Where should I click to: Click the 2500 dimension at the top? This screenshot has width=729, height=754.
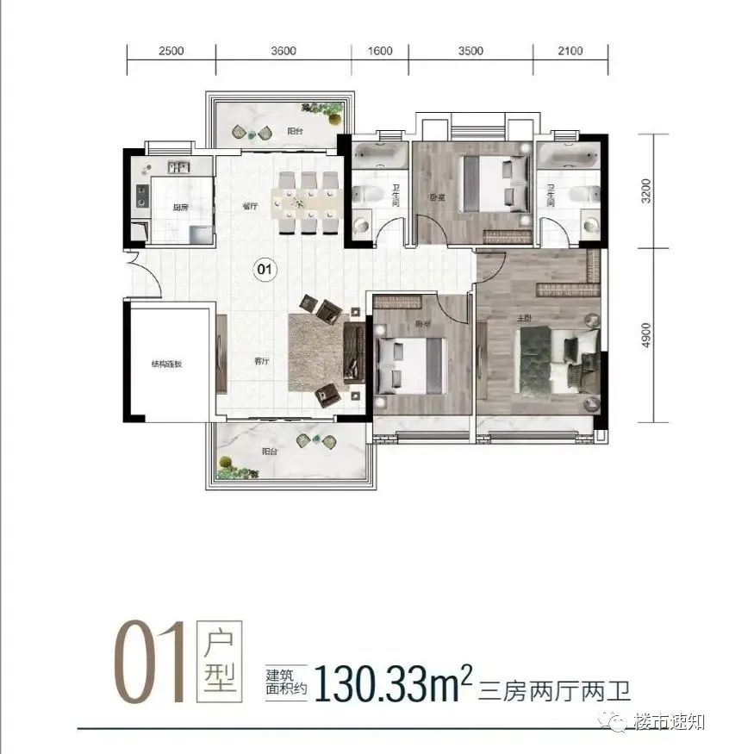point(171,51)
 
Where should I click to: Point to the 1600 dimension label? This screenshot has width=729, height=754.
point(380,51)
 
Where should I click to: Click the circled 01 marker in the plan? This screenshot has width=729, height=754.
point(265,270)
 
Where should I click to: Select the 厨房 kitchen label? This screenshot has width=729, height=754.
point(180,207)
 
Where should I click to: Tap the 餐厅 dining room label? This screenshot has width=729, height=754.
point(251,207)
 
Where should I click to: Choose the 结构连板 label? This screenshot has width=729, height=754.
point(167,364)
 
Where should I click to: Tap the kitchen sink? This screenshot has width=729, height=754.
point(180,167)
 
